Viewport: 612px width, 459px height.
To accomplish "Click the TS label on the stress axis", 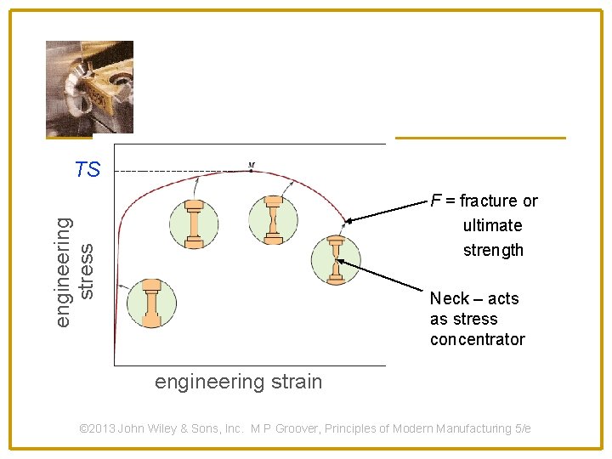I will point(88,170).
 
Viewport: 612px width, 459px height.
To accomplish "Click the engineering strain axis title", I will point(238,382).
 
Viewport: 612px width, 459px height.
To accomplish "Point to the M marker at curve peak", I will point(252,165).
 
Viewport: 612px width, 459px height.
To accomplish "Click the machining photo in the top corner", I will point(89,86).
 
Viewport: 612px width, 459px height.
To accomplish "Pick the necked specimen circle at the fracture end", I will point(336,259).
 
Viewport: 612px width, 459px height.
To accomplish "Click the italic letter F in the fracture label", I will point(435,201).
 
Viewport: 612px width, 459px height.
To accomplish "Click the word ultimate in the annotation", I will point(492,225).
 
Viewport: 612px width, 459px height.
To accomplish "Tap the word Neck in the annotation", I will point(450,298).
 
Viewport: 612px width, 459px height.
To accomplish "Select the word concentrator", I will point(477,339).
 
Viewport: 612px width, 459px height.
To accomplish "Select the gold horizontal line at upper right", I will point(480,138).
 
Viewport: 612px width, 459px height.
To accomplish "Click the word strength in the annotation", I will point(493,250).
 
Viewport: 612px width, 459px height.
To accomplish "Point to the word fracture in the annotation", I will point(488,201).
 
